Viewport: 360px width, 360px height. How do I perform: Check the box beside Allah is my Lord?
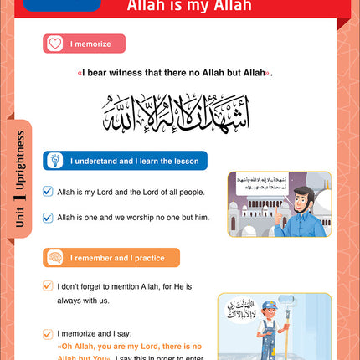[48, 192]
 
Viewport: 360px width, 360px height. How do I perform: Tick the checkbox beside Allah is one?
[48, 217]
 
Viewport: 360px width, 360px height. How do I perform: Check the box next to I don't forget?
[48, 285]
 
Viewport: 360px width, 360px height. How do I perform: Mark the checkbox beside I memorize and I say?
[48, 332]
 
